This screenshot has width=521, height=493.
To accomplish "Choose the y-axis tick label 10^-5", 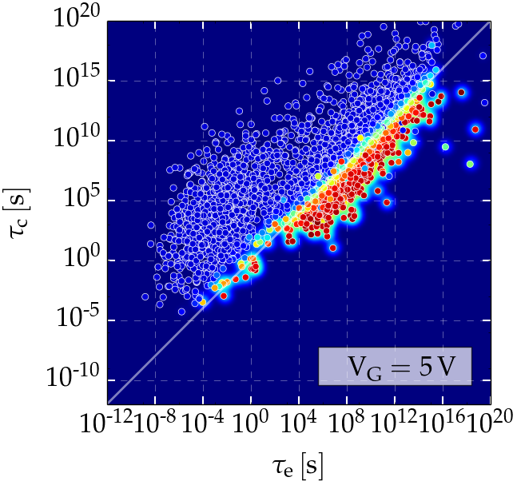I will (x=81, y=320).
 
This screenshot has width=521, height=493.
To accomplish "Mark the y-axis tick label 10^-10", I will (x=78, y=380).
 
